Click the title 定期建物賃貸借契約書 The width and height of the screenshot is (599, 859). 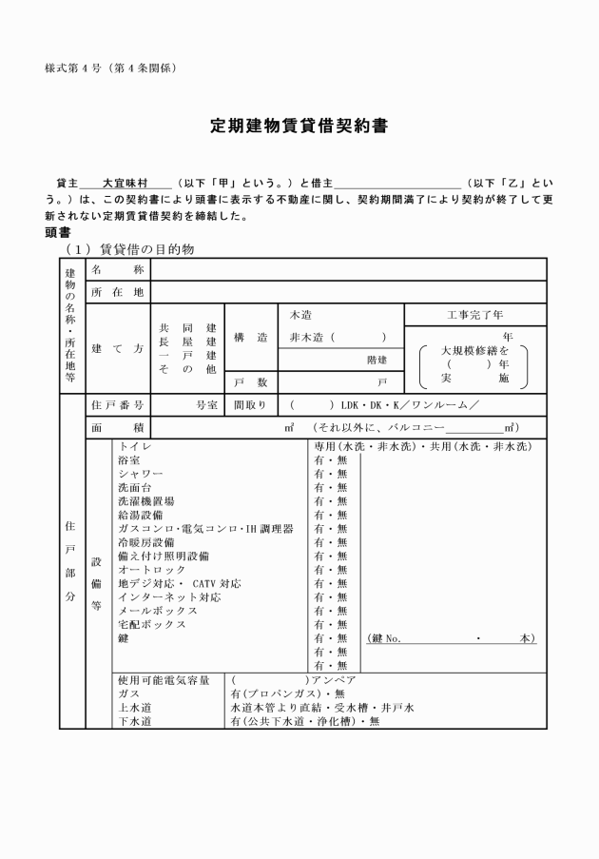[299, 126]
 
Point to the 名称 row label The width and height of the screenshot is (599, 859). [118, 269]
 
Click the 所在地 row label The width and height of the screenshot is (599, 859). [118, 292]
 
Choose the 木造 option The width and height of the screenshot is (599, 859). [301, 315]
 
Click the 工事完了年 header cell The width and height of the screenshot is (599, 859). [475, 315]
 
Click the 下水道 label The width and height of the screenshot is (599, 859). [134, 722]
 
